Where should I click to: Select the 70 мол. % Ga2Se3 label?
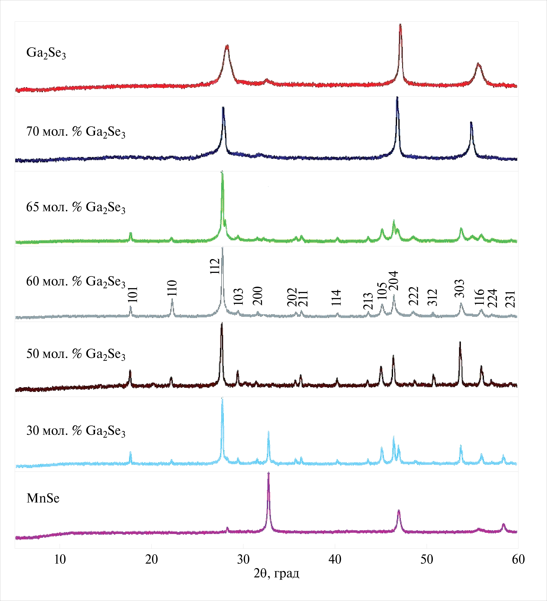coord(76,132)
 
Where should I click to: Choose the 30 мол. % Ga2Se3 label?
coord(76,431)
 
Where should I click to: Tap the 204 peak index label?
coord(394,281)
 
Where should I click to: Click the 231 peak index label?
coord(511,299)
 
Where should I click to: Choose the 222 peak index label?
coord(414,296)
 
